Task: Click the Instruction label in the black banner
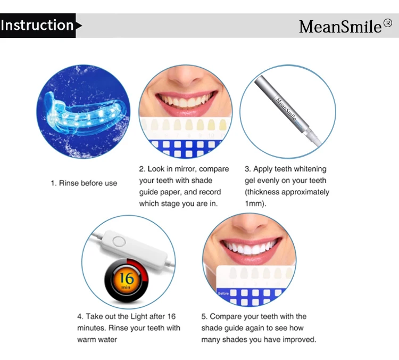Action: (37, 26)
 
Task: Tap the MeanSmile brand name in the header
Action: (340, 26)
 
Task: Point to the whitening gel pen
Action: (287, 106)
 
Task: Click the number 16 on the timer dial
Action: (126, 277)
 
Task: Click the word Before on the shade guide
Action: (223, 293)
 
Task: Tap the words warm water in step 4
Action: (97, 339)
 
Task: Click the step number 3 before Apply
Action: (247, 169)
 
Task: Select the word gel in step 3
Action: (250, 181)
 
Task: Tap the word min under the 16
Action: (126, 287)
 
